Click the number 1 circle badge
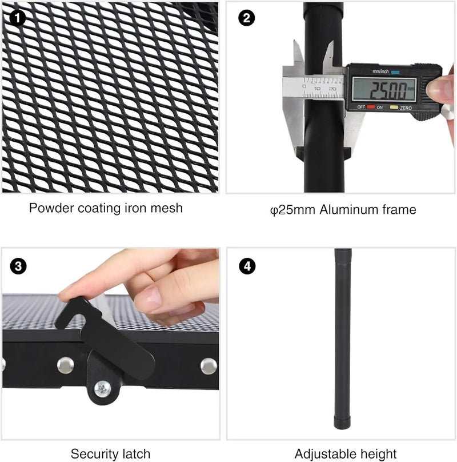click(x=18, y=18)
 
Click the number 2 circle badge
click(x=246, y=18)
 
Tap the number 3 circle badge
click(x=18, y=266)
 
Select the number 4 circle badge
click(x=247, y=266)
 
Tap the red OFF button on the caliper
click(x=371, y=107)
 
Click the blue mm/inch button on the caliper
click(x=395, y=72)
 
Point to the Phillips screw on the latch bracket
click(x=103, y=389)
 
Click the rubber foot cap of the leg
click(x=343, y=422)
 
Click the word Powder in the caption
click(x=51, y=208)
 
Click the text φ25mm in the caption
click(x=292, y=210)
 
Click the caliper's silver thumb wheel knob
click(x=448, y=112)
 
